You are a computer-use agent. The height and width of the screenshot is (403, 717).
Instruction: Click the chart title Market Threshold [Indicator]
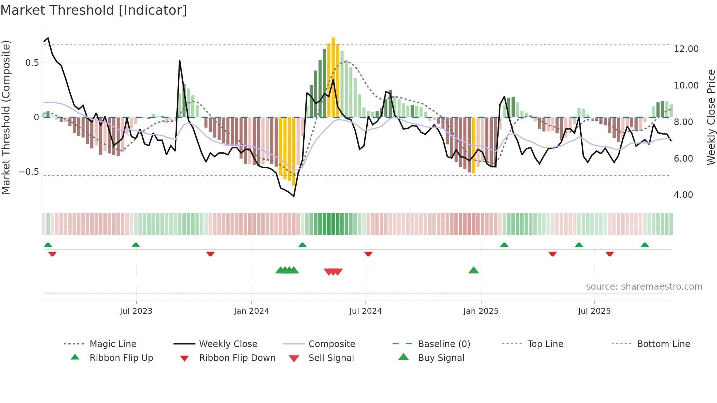click(x=94, y=10)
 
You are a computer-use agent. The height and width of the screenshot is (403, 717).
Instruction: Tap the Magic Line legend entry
click(x=113, y=344)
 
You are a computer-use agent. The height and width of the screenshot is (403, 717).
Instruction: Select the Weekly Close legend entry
click(x=228, y=344)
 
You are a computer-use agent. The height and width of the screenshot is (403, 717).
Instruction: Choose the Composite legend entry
click(x=331, y=344)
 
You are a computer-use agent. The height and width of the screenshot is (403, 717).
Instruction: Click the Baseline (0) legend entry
click(x=444, y=344)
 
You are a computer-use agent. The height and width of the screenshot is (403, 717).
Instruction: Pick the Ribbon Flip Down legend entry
click(x=237, y=358)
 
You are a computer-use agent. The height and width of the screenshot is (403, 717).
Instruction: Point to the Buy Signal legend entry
click(x=441, y=358)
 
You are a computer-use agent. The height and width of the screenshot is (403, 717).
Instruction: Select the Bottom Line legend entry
click(x=663, y=344)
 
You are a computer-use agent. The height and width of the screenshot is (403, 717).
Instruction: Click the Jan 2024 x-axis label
click(x=251, y=311)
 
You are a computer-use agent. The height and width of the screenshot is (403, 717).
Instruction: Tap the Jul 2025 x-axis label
click(x=594, y=311)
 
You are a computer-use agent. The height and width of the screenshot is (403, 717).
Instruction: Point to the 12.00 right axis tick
click(x=686, y=49)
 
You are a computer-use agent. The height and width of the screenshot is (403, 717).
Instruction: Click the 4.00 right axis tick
click(x=683, y=195)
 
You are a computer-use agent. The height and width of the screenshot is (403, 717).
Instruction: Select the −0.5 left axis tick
click(x=29, y=172)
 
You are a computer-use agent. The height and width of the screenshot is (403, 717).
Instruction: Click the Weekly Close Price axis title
click(x=711, y=117)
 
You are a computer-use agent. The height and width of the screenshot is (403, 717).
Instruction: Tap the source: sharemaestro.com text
click(x=644, y=287)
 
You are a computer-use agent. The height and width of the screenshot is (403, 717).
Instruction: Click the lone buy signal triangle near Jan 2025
click(x=473, y=270)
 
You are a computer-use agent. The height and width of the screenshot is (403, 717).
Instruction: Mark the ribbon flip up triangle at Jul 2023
click(x=136, y=245)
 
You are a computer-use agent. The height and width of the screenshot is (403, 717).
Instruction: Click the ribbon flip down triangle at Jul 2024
click(x=368, y=254)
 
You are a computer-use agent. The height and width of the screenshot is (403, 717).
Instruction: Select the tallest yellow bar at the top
click(x=333, y=77)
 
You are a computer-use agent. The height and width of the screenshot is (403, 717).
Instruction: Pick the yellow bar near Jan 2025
click(x=474, y=146)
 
